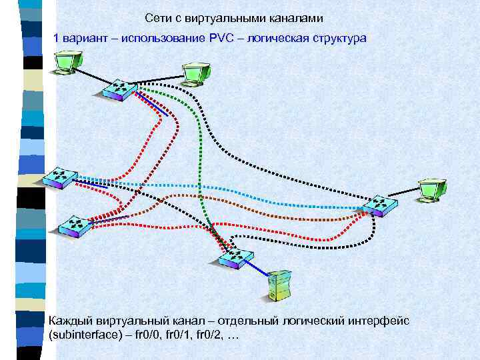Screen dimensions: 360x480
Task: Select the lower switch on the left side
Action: (x=73, y=227)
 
